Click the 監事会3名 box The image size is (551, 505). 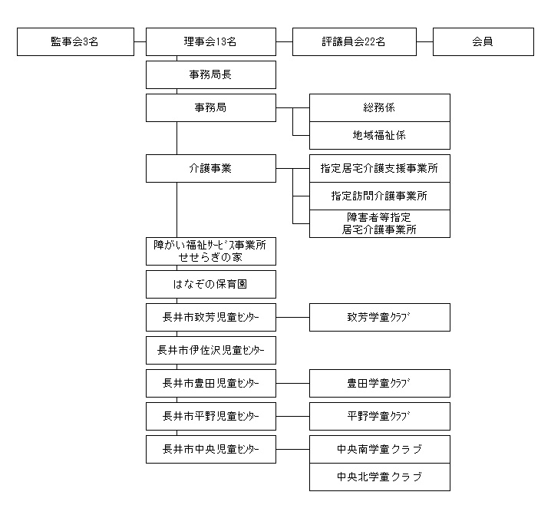click(x=75, y=41)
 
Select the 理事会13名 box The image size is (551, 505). click(x=211, y=41)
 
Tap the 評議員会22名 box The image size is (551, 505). click(x=355, y=41)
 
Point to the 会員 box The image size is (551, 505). click(x=483, y=41)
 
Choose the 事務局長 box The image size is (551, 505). click(x=211, y=75)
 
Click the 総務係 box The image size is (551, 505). click(x=380, y=108)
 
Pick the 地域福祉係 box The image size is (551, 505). click(x=380, y=136)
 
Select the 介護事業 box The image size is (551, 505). click(x=211, y=168)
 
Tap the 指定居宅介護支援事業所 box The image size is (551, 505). click(x=380, y=168)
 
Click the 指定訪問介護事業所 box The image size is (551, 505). click(x=380, y=196)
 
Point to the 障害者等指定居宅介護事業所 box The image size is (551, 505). click(x=380, y=224)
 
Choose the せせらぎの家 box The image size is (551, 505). click(x=211, y=251)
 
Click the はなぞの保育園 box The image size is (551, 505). click(x=211, y=284)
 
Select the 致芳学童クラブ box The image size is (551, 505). click(x=380, y=317)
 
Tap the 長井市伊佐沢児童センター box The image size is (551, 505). click(x=211, y=351)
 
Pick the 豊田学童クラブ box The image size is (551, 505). click(x=380, y=384)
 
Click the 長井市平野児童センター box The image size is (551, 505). click(x=211, y=417)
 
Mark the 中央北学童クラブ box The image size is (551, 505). click(x=380, y=477)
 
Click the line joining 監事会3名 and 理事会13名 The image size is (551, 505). click(x=140, y=41)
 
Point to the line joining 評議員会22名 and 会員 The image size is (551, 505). click(x=424, y=41)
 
